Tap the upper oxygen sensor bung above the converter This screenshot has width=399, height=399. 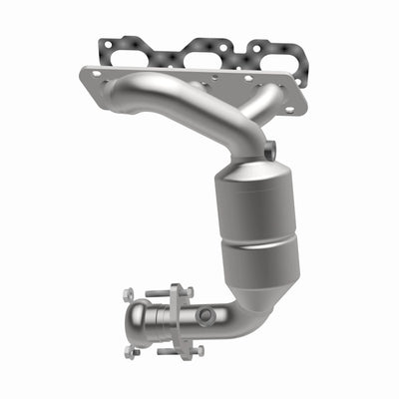(x=269, y=150)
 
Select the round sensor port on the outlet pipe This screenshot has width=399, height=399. (x=204, y=315)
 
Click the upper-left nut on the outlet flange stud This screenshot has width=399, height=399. (x=128, y=294)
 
